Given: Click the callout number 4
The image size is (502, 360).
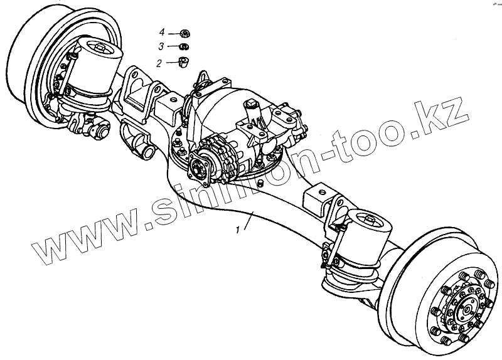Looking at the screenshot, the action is [x=161, y=31].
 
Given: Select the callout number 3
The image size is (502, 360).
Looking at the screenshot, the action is [x=161, y=46].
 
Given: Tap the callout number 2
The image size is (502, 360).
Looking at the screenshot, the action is [x=159, y=63].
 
